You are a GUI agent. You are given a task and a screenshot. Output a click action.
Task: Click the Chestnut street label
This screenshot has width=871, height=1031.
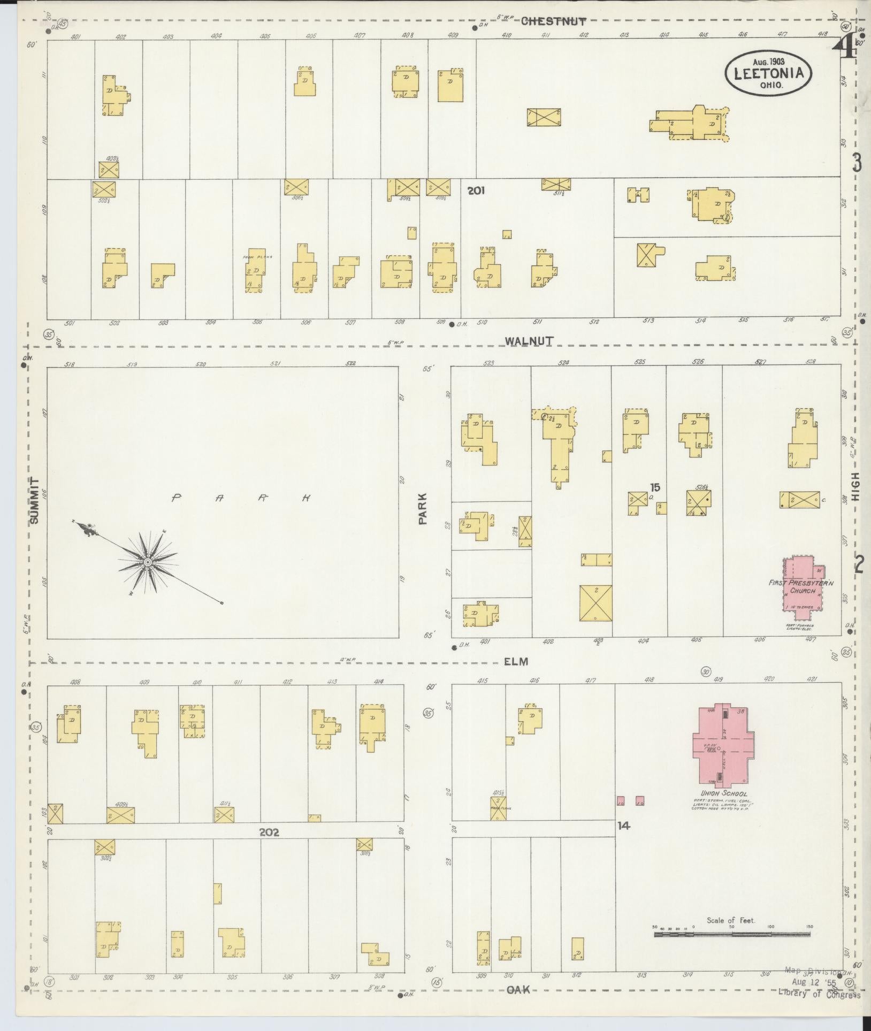tap(553, 21)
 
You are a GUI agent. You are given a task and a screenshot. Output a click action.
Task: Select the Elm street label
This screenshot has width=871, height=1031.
tap(516, 661)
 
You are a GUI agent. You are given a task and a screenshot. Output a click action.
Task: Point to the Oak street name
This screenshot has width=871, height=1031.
tap(517, 990)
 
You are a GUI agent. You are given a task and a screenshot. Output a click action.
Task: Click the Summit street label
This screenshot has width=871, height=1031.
tap(35, 501)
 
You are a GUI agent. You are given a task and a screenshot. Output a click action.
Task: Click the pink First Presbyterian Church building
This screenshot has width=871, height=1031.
tap(803, 583)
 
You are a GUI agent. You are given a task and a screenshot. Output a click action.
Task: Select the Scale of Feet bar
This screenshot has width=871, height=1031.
tap(731, 934)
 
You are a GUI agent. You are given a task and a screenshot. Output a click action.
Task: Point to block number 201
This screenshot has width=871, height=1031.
tap(476, 190)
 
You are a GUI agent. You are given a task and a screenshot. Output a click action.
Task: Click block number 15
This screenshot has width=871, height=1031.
tap(655, 487)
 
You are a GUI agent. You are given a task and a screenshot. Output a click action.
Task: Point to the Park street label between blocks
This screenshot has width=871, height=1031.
tap(424, 508)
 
